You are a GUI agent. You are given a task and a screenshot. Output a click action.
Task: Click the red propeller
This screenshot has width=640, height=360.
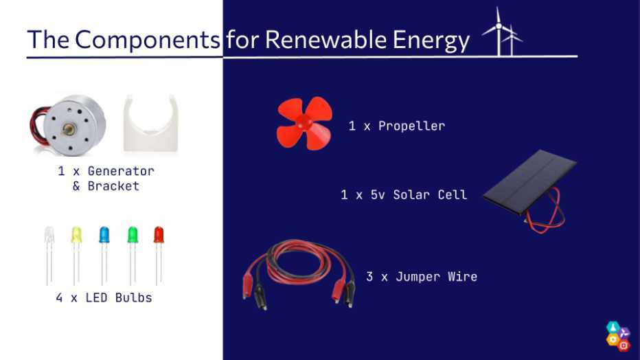click(304, 123)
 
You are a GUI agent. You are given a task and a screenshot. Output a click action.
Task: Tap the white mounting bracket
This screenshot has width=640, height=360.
click(150, 124)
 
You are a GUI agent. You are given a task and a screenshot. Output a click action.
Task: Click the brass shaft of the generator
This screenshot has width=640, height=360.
click(68, 130)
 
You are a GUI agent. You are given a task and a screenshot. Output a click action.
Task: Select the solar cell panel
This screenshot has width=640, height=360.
click(529, 181)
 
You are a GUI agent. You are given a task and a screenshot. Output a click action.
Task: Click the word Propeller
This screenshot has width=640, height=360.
click(411, 126)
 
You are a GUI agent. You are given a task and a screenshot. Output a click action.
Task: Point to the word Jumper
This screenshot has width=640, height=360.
click(418, 277)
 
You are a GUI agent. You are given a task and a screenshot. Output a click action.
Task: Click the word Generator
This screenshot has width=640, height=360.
click(121, 171)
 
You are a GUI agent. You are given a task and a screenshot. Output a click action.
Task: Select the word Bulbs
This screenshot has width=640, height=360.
click(133, 298)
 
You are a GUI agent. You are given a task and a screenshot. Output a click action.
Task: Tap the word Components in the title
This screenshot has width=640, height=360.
click(148, 40)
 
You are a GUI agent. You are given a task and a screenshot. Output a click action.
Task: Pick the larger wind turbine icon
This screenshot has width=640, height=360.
click(499, 31)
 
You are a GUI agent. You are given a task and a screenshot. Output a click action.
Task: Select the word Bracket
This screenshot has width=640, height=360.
click(113, 186)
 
